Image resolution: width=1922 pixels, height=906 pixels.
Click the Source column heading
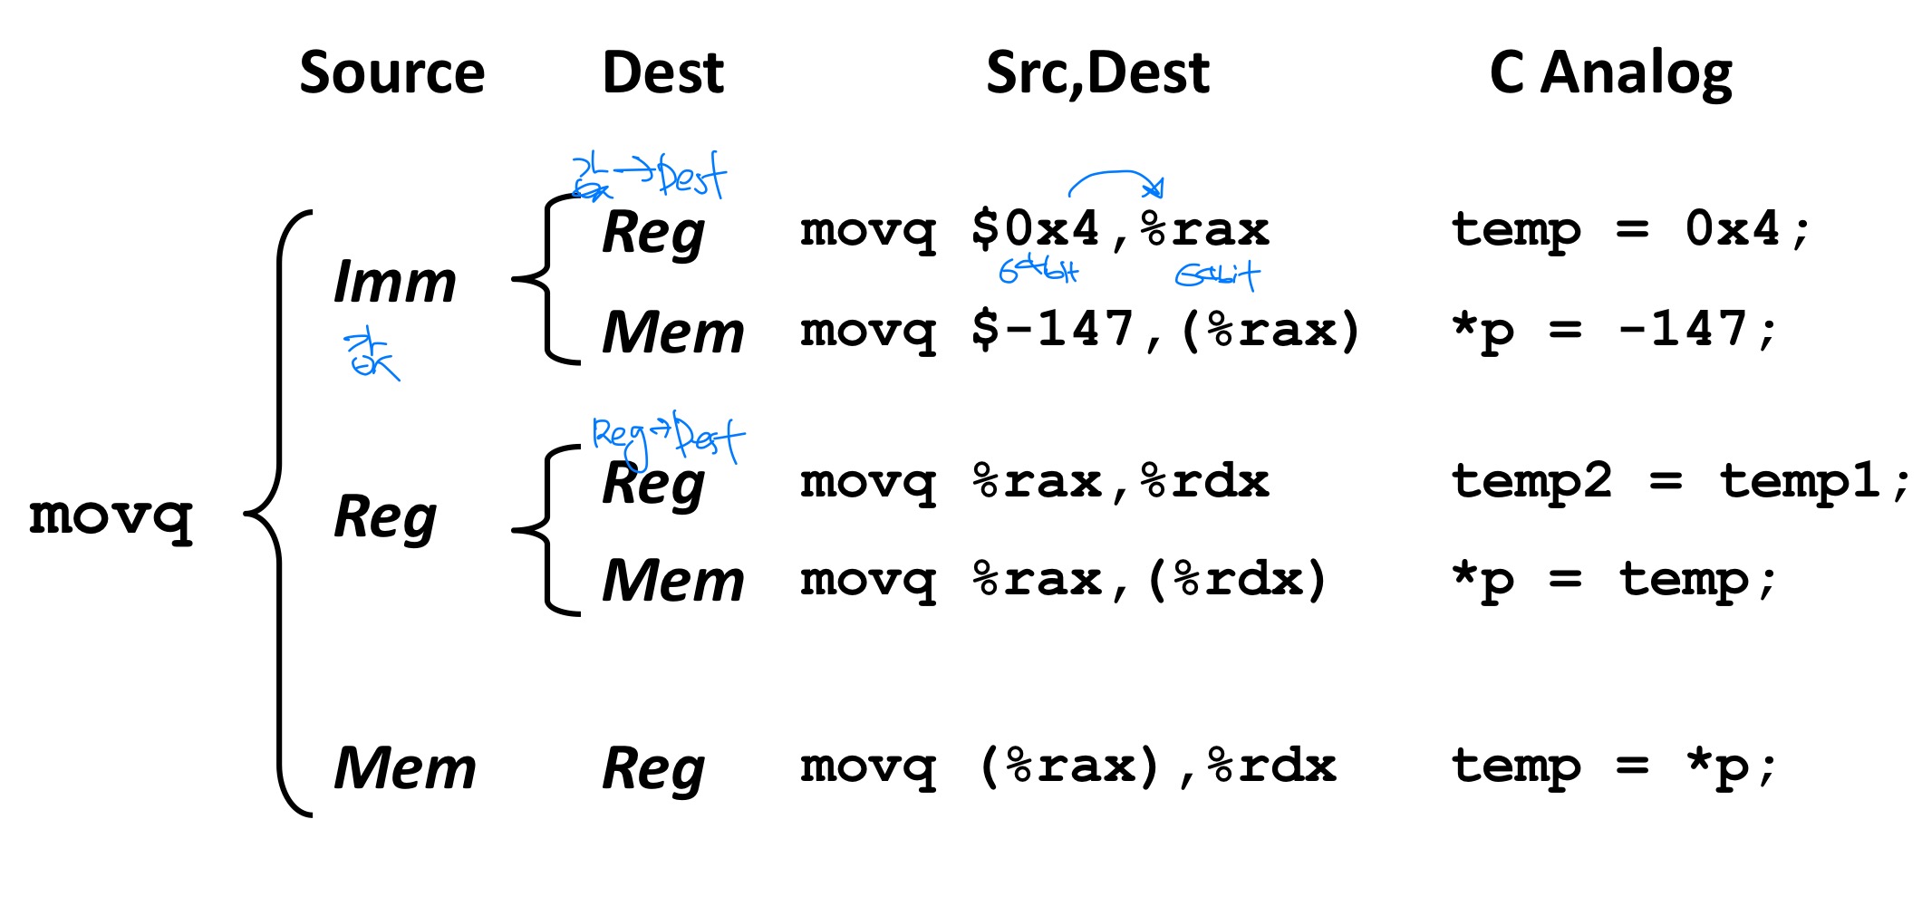click(x=391, y=72)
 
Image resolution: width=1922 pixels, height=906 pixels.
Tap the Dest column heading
click(x=662, y=72)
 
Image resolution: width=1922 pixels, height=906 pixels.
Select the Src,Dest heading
click(x=1097, y=72)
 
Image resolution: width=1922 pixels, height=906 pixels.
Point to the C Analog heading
click(x=1610, y=72)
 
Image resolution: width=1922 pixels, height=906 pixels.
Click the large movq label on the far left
click(x=111, y=516)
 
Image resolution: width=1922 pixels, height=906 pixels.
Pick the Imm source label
click(x=395, y=282)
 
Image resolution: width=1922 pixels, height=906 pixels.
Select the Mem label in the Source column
click(x=405, y=768)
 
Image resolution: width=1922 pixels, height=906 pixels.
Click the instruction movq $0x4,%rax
click(x=1034, y=230)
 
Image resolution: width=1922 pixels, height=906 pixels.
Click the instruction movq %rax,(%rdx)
click(x=1063, y=581)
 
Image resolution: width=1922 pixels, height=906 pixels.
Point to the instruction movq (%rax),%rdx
click(x=1067, y=767)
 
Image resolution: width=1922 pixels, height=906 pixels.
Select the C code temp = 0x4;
click(x=1629, y=230)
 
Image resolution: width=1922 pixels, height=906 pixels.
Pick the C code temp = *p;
click(x=1614, y=767)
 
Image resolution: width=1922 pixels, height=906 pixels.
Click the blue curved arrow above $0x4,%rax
click(x=1116, y=179)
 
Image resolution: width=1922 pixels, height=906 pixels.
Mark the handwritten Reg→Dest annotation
click(x=667, y=437)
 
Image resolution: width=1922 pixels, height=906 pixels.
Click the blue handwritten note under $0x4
click(x=1038, y=269)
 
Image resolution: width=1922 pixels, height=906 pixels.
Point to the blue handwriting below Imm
click(x=370, y=356)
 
